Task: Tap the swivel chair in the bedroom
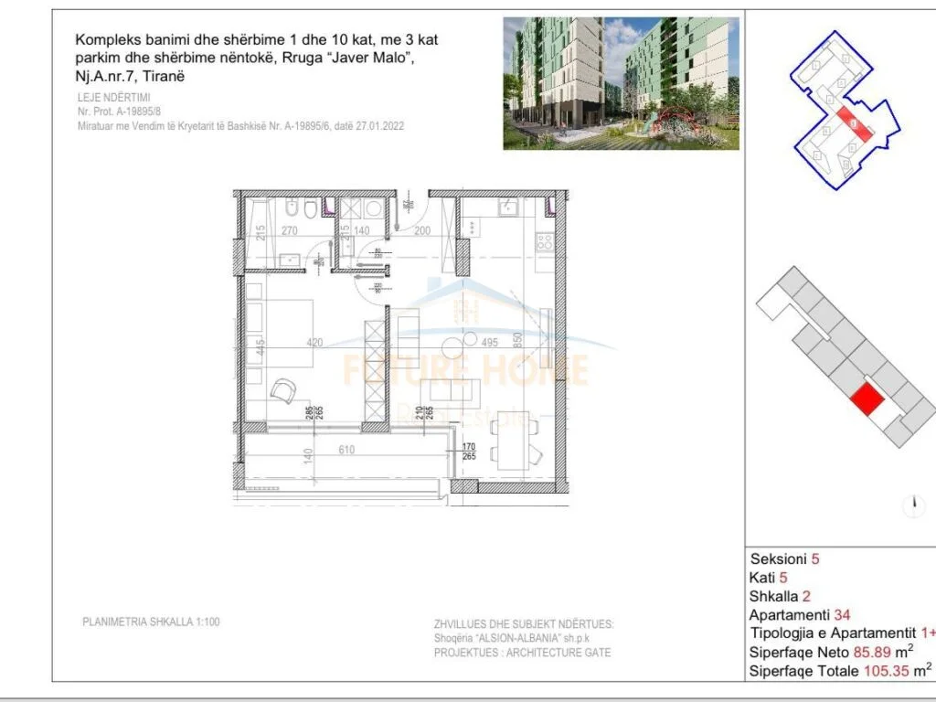tap(283, 392)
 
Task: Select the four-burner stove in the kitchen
tap(544, 243)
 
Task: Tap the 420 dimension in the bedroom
tap(315, 344)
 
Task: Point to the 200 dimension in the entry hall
tap(422, 232)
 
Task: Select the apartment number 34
tap(842, 614)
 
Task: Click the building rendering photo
tap(621, 83)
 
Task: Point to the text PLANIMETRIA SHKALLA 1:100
tap(151, 622)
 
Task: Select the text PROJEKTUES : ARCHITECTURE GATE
tap(522, 653)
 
